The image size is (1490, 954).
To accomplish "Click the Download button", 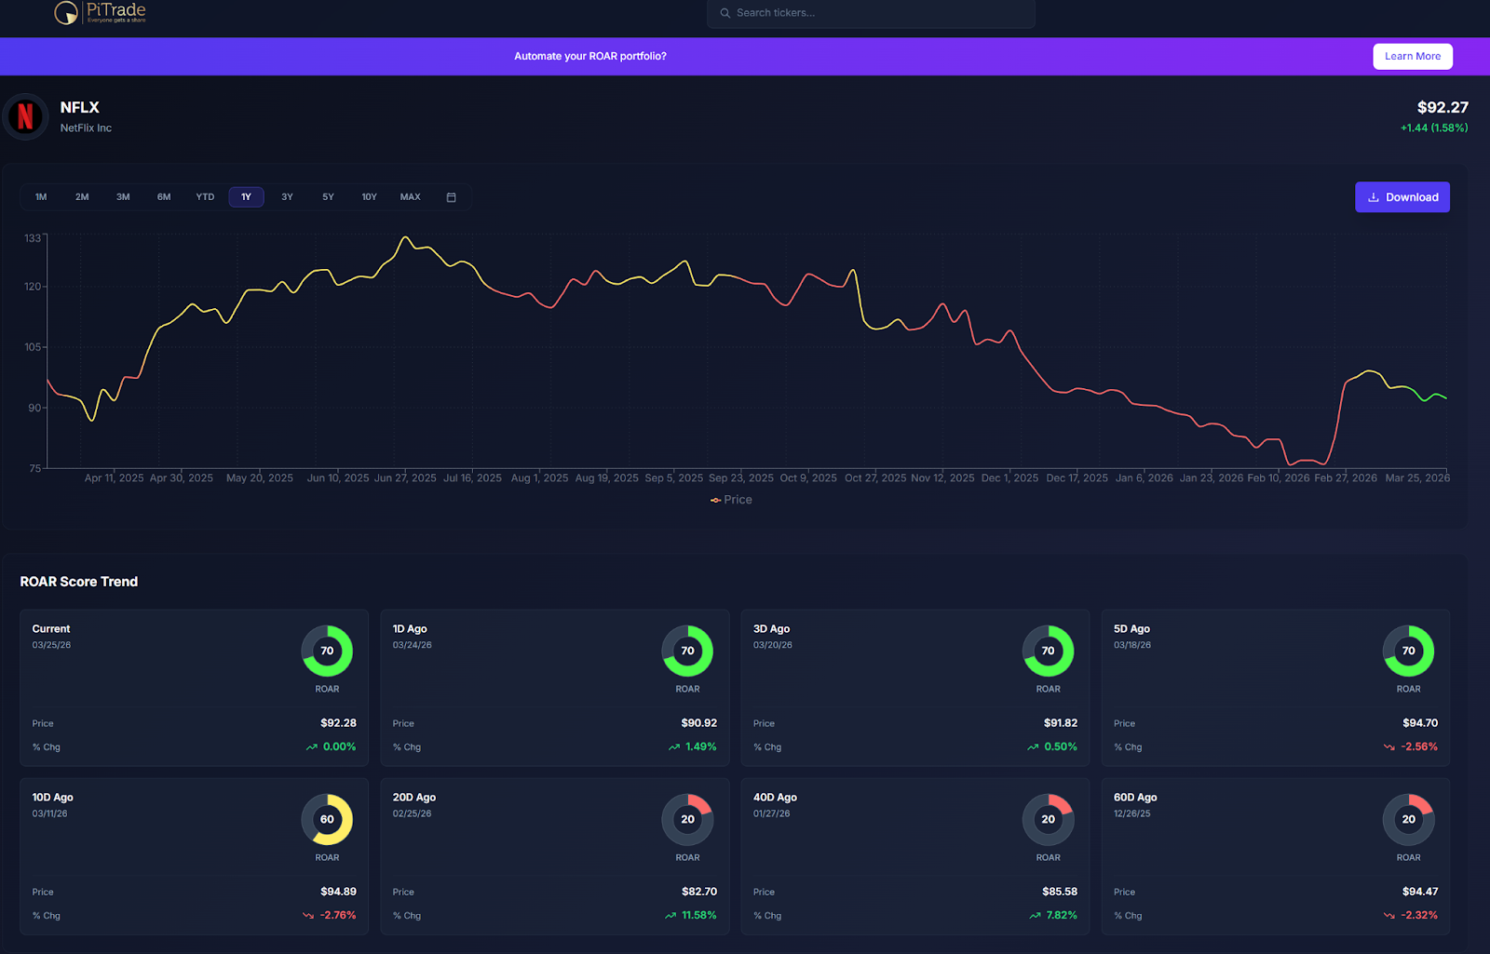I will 1402,197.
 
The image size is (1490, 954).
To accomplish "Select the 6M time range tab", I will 164,197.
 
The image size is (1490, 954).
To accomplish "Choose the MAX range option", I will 410,197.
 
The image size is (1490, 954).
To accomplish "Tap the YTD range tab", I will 205,197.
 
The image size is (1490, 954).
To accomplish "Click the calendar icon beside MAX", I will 452,197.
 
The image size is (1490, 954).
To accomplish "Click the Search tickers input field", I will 871,13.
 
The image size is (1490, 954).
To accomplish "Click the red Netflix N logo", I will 26,116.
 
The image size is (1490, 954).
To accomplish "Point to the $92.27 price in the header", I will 1442,107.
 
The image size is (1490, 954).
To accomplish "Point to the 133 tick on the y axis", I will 33,238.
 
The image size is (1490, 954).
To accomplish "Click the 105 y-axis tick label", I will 33,347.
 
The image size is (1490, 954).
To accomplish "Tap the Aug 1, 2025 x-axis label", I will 539,478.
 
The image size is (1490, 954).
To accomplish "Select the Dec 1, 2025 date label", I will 1009,478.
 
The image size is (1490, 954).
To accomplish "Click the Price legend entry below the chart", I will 732,500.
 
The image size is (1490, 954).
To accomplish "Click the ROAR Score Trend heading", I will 79,582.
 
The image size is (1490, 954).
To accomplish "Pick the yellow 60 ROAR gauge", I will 327,819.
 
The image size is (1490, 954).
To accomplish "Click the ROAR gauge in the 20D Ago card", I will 687,819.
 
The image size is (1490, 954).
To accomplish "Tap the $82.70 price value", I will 698,892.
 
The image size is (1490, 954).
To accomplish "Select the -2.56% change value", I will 1418,746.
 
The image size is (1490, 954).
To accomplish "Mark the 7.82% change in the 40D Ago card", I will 1061,915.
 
